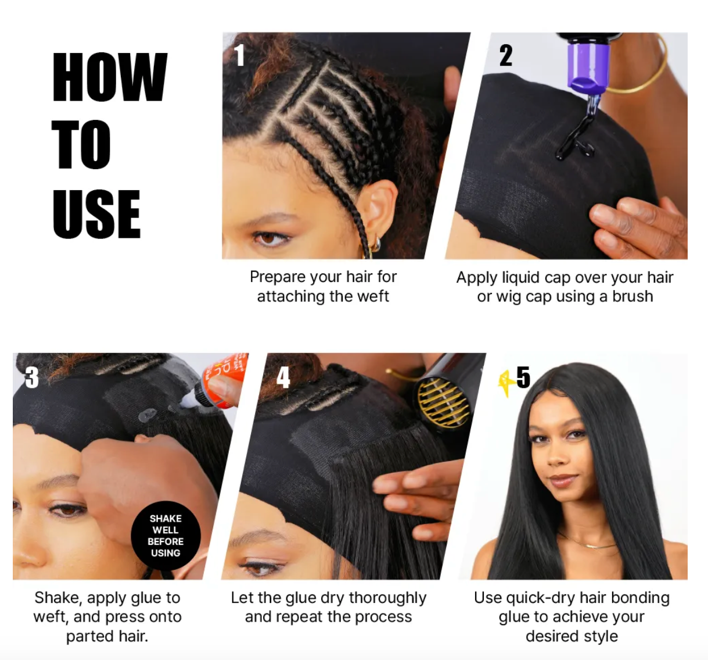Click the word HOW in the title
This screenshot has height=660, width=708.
[x=110, y=77]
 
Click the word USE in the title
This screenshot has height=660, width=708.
[x=96, y=214]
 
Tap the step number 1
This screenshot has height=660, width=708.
[x=239, y=56]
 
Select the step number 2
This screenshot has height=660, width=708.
[x=506, y=56]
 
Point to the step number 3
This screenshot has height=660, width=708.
[x=31, y=378]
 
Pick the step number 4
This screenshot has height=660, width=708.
[x=283, y=378]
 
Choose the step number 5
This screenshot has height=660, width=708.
[x=523, y=377]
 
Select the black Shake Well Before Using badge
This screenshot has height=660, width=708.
[x=166, y=536]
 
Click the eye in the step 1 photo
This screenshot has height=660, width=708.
[x=268, y=238]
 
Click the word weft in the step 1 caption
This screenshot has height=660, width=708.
[x=373, y=297]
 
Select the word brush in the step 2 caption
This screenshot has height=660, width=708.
[x=632, y=297]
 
